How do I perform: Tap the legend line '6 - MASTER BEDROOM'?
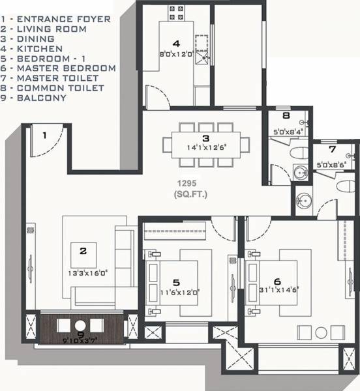click(x=59, y=68)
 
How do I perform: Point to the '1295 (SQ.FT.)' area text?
click(x=190, y=189)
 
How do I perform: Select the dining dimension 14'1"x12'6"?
click(x=205, y=148)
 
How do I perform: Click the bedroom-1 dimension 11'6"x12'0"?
click(x=176, y=293)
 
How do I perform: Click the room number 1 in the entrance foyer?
click(x=44, y=136)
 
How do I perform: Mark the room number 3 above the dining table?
click(x=205, y=138)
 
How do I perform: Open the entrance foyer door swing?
click(x=50, y=139)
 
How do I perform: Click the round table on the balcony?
click(x=80, y=325)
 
